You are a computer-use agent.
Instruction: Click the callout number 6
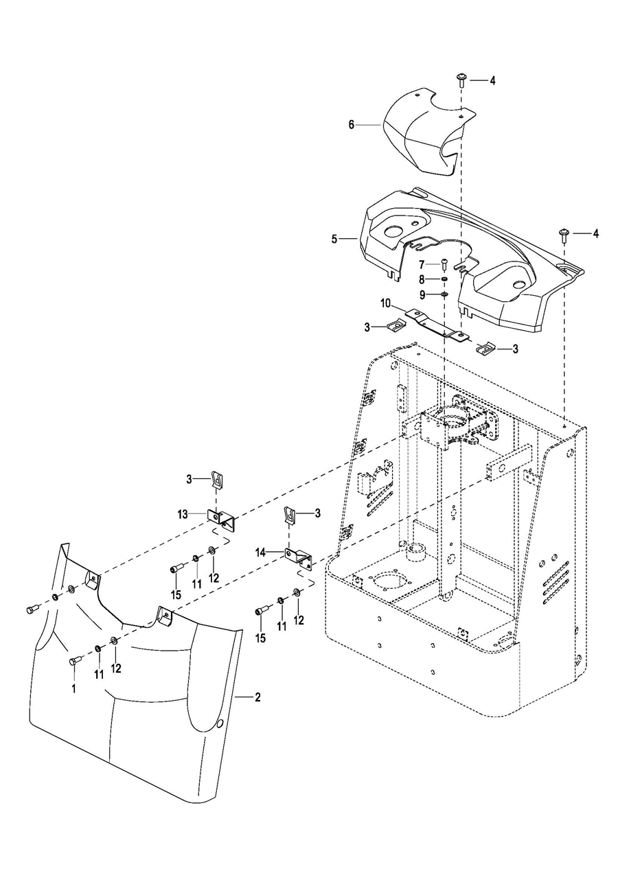pyautogui.click(x=352, y=125)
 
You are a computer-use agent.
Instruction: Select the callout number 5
pyautogui.click(x=334, y=239)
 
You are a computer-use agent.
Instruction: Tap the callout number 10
pyautogui.click(x=386, y=303)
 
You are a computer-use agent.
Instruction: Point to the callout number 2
pyautogui.click(x=257, y=697)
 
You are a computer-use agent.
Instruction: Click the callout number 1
pyautogui.click(x=74, y=687)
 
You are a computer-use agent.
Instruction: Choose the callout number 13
pyautogui.click(x=182, y=513)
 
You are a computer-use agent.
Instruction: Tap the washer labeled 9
pyautogui.click(x=444, y=294)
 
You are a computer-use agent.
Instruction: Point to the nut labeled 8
pyautogui.click(x=444, y=279)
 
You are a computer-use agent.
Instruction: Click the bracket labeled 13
pyautogui.click(x=220, y=517)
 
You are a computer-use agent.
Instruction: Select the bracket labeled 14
pyautogui.click(x=299, y=556)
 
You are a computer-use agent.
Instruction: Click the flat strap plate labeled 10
pyautogui.click(x=436, y=325)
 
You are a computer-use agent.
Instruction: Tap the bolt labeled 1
pyautogui.click(x=74, y=660)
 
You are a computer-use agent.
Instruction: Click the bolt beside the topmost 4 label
pyautogui.click(x=461, y=80)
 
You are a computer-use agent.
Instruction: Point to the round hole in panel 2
pyautogui.click(x=219, y=724)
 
